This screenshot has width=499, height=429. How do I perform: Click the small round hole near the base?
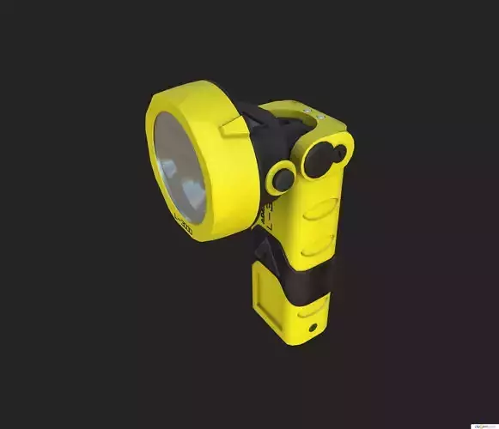[312, 328]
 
